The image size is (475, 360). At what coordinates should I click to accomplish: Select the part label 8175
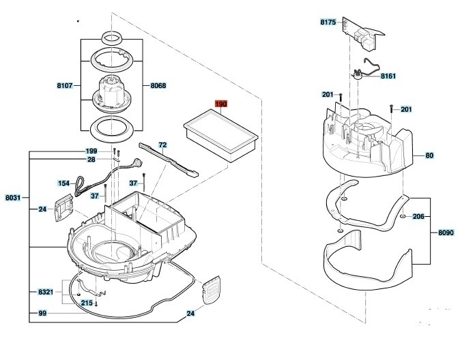[x=328, y=22]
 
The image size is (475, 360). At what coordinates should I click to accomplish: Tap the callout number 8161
[x=389, y=76]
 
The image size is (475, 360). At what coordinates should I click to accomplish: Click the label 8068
[x=158, y=86]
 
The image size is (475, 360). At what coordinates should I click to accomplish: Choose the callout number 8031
[x=13, y=198]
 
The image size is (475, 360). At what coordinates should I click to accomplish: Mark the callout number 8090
[x=446, y=233]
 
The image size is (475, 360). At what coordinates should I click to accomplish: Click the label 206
[x=418, y=216]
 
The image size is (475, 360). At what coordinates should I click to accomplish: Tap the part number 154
[x=63, y=183]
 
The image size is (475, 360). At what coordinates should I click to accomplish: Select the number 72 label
[x=162, y=145]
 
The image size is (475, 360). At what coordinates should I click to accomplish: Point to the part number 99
[x=42, y=313]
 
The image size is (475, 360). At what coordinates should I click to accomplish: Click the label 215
[x=87, y=303]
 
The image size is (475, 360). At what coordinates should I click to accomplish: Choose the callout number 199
[x=91, y=151]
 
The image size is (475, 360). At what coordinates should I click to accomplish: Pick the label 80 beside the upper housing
[x=429, y=155]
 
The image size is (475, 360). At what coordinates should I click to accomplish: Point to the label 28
[x=91, y=160]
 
